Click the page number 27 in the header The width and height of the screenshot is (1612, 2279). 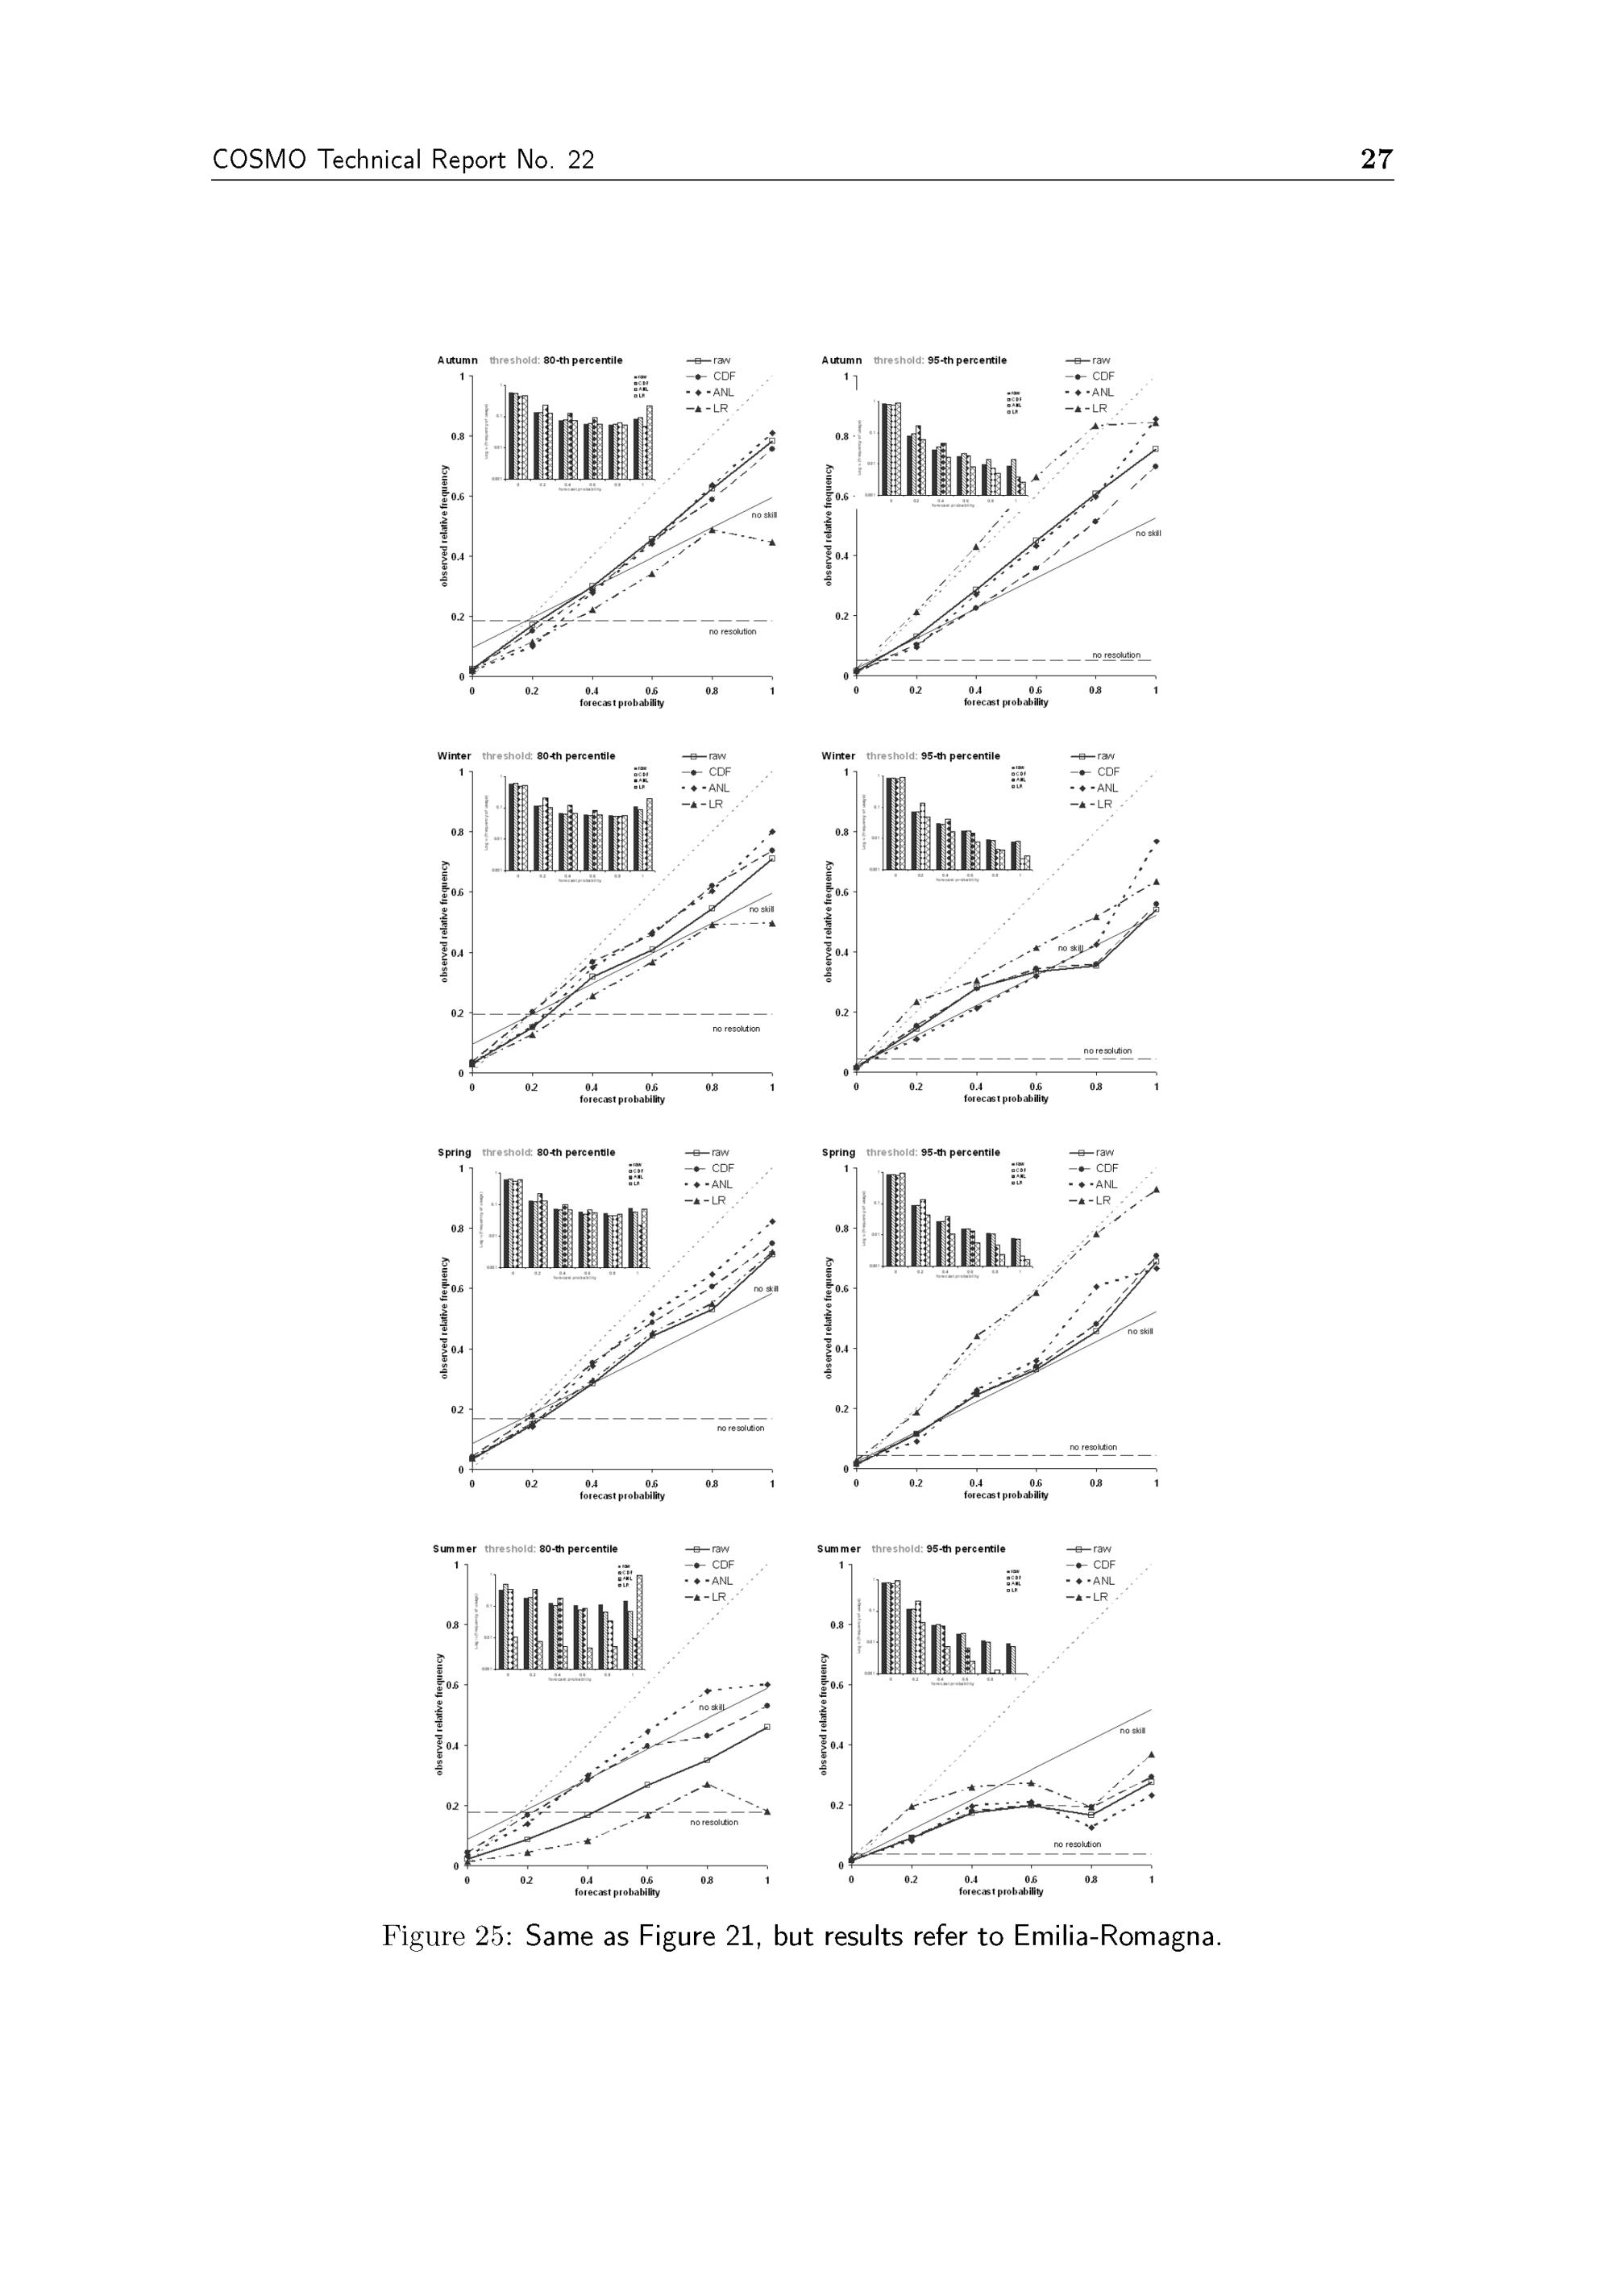1376,159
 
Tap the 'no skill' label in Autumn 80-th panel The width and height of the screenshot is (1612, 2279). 763,515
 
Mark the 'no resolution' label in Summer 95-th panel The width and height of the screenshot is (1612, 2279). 1077,1844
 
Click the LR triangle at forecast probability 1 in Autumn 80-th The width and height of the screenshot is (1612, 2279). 771,542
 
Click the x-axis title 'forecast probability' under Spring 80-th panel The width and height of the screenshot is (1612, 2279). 622,1496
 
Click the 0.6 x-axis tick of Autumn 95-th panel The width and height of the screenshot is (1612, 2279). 1035,690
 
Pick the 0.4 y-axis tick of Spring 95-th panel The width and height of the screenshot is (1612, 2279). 840,1348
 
